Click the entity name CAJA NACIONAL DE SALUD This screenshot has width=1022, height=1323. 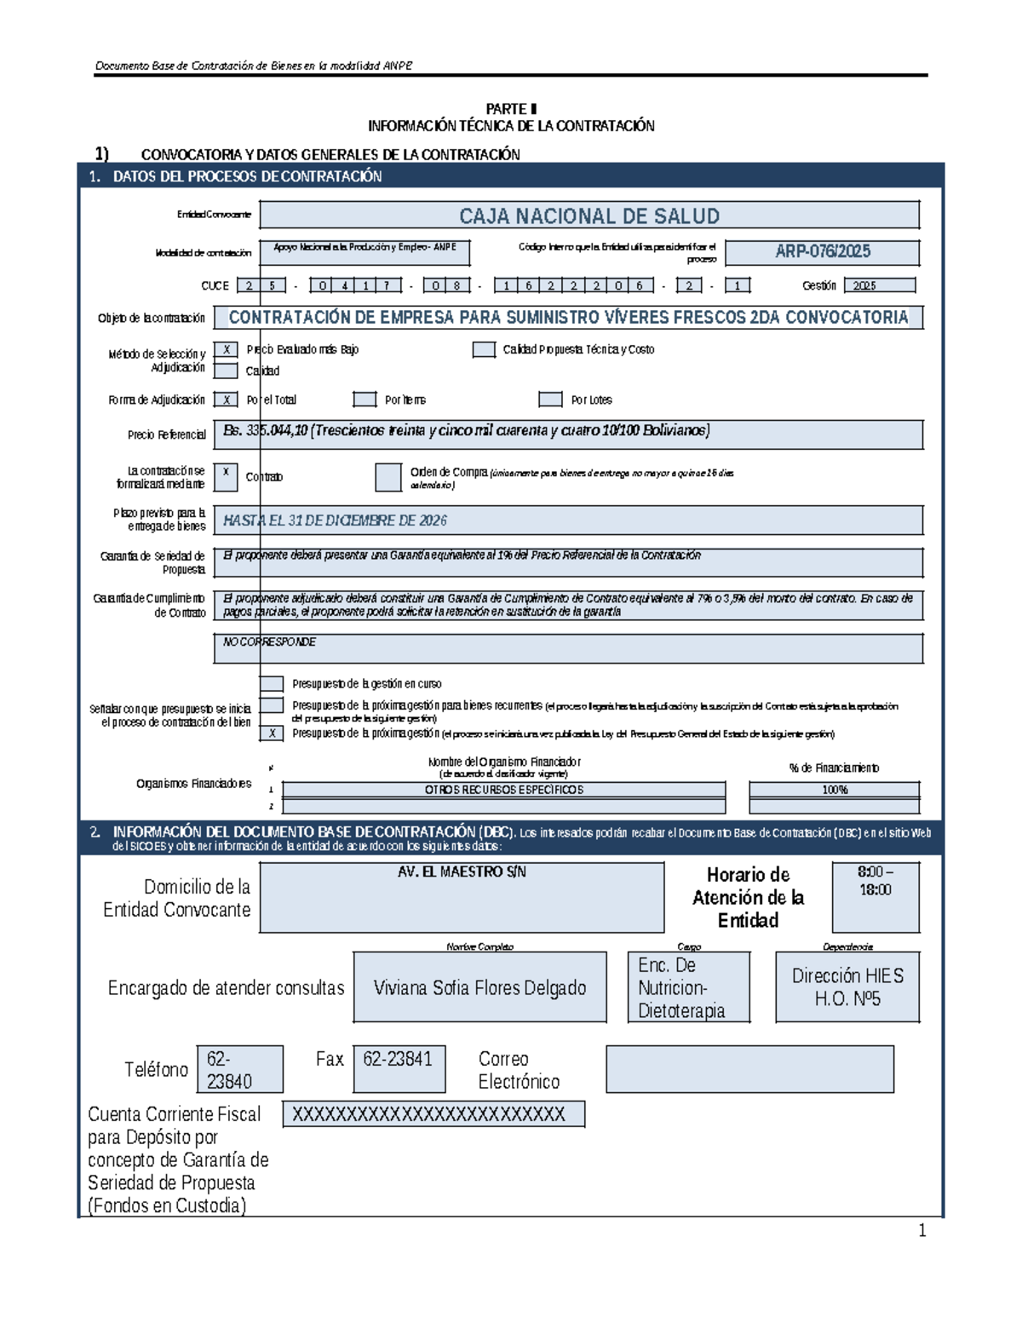point(589,216)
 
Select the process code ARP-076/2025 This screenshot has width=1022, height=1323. point(822,251)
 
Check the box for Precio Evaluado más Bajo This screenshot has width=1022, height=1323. point(226,349)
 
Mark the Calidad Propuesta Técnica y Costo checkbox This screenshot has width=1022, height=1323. point(484,349)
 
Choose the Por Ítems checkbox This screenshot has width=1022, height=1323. point(365,400)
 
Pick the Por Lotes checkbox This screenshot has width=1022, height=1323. point(550,400)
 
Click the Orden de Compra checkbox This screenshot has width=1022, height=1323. point(388,478)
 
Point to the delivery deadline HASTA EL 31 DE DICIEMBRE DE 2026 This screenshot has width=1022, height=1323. point(335,521)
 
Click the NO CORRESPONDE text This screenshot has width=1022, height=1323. point(269,642)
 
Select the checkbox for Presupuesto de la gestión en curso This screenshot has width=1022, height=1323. point(272,683)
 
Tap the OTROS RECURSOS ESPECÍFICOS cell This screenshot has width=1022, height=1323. point(503,790)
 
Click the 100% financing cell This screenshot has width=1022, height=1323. point(834,790)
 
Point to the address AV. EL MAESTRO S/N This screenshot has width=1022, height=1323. point(462,872)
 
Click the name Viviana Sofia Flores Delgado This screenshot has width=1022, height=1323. point(479,988)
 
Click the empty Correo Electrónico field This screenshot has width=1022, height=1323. point(749,1069)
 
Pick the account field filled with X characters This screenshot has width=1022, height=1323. point(433,1114)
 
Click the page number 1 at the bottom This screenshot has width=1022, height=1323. point(922,1230)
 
